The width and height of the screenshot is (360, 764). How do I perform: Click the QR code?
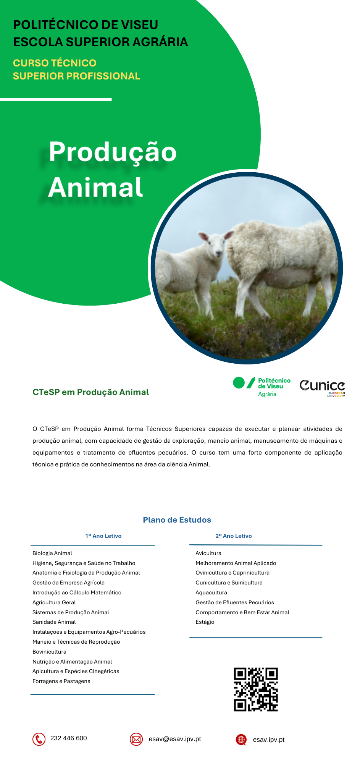point(256,690)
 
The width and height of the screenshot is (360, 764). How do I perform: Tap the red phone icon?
point(39,739)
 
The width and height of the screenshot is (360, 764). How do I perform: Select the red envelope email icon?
point(136,739)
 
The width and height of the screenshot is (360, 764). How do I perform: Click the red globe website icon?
point(241,740)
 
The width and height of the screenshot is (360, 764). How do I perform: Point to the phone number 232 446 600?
point(69,738)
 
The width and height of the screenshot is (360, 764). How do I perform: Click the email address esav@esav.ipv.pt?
point(175,739)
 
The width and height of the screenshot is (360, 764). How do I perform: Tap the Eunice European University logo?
point(323,388)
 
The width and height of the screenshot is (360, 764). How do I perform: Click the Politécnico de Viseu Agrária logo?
point(262,387)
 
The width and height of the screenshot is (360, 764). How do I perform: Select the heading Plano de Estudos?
point(177,520)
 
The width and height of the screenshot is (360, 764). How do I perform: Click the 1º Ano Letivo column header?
point(103,536)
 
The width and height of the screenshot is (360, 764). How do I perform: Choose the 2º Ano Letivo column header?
point(234,536)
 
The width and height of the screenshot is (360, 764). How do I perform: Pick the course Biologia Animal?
point(52,553)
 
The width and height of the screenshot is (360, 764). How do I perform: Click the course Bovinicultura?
point(49,652)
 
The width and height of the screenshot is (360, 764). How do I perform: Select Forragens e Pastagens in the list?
point(61,681)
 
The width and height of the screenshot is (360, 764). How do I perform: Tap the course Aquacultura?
point(211,592)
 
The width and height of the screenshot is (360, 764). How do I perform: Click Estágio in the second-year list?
point(205,622)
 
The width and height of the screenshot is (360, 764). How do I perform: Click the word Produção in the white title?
point(113,152)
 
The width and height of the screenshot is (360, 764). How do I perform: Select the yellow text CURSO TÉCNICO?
point(55,63)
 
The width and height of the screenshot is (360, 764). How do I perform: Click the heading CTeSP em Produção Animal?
point(90,392)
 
